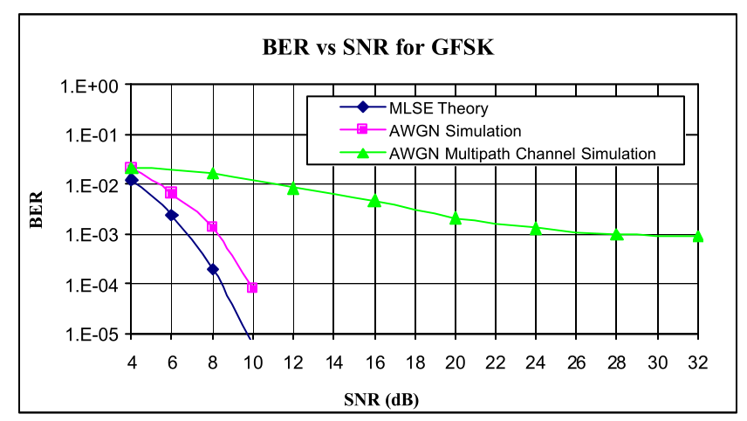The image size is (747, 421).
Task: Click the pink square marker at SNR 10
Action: pos(252,287)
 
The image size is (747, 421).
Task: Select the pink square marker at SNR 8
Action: pos(212,227)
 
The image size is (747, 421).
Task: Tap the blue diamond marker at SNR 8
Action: pos(212,269)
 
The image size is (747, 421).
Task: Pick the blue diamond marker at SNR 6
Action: pos(172,215)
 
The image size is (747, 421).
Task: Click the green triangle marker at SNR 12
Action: pos(293,188)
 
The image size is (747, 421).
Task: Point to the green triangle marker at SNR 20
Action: pos(455,218)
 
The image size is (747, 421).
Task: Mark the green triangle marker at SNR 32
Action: pos(698,236)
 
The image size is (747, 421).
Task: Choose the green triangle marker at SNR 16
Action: pos(374,201)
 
